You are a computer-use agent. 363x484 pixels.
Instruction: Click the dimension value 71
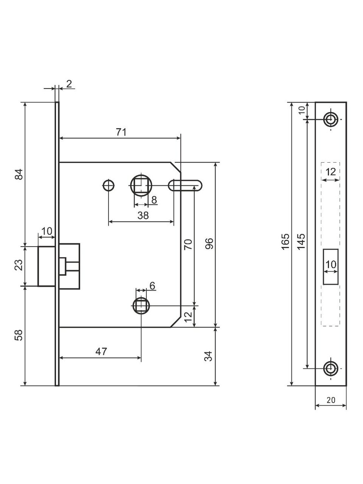[x=121, y=132]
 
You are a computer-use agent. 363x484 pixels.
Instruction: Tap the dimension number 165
[x=286, y=241]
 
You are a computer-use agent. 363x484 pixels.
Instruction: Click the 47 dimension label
[x=101, y=351]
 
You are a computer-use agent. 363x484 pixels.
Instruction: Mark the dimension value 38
[x=143, y=215]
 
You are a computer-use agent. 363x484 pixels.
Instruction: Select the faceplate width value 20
[x=331, y=400]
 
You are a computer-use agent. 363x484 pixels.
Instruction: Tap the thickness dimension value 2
[x=69, y=84]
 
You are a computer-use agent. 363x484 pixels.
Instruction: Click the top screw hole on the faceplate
[x=331, y=119]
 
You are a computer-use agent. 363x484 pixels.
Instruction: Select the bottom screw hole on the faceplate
[x=331, y=368]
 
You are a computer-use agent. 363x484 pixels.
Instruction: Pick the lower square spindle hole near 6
[x=141, y=305]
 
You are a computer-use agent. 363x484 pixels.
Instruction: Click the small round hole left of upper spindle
[x=109, y=185]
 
